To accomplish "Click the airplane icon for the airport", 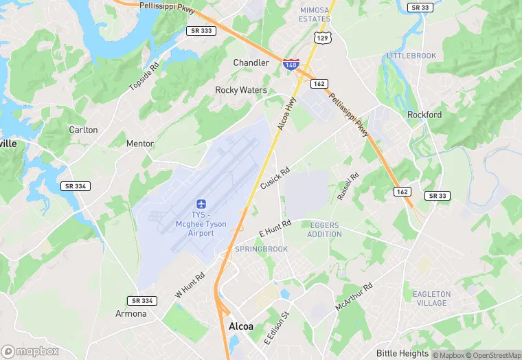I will (201, 203).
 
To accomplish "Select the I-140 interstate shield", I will (291, 65).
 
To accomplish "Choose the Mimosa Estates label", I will (315, 15).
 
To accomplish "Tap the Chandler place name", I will (251, 63).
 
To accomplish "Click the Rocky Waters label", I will (241, 90).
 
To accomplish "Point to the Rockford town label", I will (424, 115).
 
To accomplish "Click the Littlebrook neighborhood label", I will (411, 55).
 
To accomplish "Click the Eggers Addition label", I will (325, 229).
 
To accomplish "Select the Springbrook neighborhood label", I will (261, 249).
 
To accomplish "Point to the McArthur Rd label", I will (354, 296).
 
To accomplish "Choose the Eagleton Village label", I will (431, 298).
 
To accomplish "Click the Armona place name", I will (131, 313).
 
